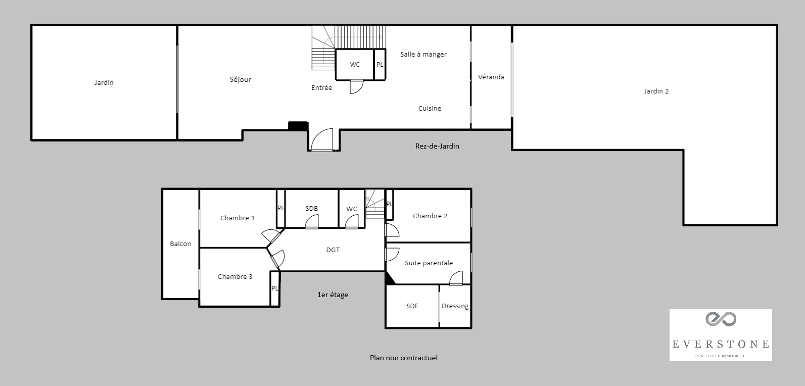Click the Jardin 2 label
point(656,91)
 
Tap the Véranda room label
point(491,77)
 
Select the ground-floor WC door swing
point(356,86)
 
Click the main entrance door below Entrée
point(322,140)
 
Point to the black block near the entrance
point(298,126)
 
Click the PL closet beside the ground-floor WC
point(380,65)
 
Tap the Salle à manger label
point(423,54)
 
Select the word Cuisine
point(430,108)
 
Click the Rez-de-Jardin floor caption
point(437,146)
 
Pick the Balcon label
point(180,244)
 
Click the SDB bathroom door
point(312,222)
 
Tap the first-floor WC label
point(352,209)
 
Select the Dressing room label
point(455,306)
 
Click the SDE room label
point(412,306)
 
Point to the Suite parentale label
point(429,263)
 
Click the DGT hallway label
point(333,250)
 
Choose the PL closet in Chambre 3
point(275,288)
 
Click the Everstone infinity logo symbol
point(721,319)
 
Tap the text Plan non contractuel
point(403,358)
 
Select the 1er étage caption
point(332,295)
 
